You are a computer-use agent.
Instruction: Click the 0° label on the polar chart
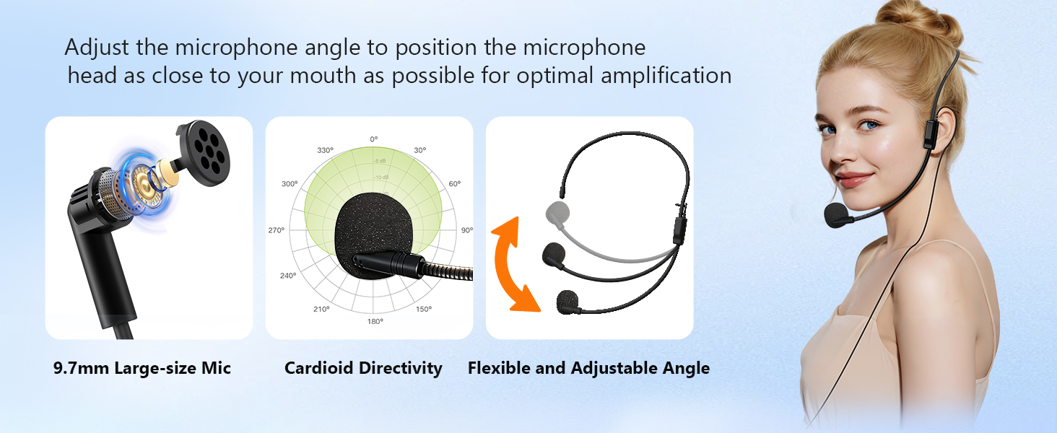(x=373, y=139)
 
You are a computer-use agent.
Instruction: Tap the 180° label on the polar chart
(x=375, y=321)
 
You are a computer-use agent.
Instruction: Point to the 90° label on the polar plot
(x=467, y=230)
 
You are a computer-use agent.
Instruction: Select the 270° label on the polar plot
(x=277, y=230)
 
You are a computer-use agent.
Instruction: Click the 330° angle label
(x=325, y=150)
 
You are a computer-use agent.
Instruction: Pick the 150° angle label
(x=424, y=309)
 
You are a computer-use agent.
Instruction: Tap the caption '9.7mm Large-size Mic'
(x=142, y=368)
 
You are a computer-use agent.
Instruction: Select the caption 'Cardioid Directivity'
(x=363, y=368)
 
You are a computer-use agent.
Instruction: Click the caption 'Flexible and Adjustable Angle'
(x=588, y=368)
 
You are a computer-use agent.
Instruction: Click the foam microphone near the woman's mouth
(x=838, y=214)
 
